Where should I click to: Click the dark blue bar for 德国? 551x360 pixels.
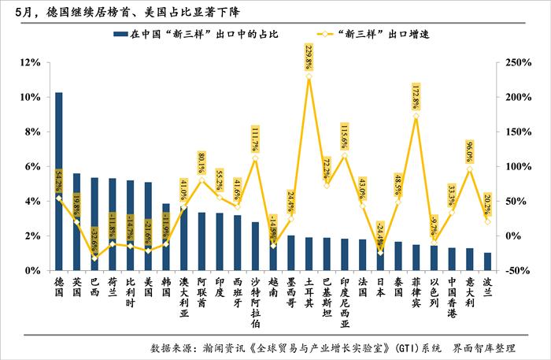tap(59, 181)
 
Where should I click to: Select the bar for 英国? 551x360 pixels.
tap(77, 221)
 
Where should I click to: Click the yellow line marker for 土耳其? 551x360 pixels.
tap(309, 76)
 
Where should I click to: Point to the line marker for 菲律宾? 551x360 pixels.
tap(416, 116)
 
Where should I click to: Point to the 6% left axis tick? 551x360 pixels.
tap(31, 166)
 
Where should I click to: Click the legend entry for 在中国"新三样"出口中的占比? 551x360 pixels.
tap(197, 35)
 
